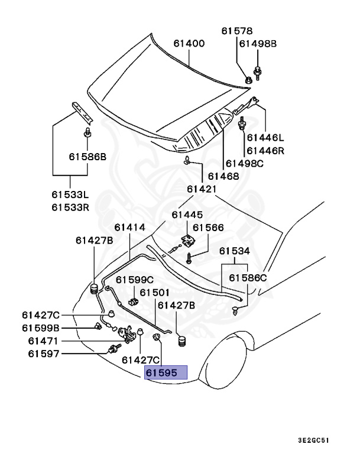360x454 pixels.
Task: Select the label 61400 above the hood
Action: [x=189, y=43]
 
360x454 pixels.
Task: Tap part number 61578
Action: [x=236, y=31]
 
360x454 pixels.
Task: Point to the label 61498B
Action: [x=258, y=43]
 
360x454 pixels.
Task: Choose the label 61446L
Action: [x=265, y=138]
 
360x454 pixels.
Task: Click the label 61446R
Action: [x=265, y=151]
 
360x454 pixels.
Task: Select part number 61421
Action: [x=202, y=189]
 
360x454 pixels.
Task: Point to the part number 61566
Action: [x=208, y=227]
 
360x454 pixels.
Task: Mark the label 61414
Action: [x=129, y=227]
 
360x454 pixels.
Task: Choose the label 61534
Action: [x=235, y=251]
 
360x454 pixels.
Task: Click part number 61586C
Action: [x=248, y=277]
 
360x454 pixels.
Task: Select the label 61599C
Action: [x=134, y=280]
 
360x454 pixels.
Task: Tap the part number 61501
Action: [x=155, y=293]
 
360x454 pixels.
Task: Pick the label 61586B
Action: [x=87, y=157]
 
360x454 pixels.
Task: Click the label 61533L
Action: [x=70, y=194]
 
